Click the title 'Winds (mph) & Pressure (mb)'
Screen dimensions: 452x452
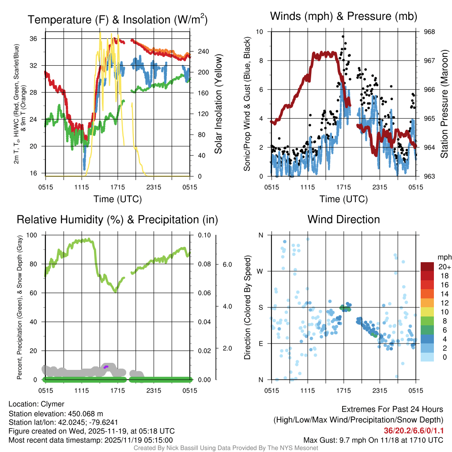343,16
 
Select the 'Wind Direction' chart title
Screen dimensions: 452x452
343,219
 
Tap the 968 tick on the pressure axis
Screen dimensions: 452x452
430,32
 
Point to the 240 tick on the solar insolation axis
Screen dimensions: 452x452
203,52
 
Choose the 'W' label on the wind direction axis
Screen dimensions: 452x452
261,271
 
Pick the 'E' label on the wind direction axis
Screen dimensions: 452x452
261,343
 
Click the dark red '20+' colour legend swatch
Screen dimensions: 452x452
428,267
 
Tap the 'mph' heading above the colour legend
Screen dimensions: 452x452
443,257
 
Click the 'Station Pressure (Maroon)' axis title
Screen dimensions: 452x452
444,104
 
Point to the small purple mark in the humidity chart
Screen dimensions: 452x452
105,367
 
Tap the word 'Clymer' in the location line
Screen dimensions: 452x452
53,404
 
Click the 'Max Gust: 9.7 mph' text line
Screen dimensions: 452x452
373,440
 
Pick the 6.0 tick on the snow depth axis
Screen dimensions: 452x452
227,264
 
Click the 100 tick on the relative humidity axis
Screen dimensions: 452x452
32,235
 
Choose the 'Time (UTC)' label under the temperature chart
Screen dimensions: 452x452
117,199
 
